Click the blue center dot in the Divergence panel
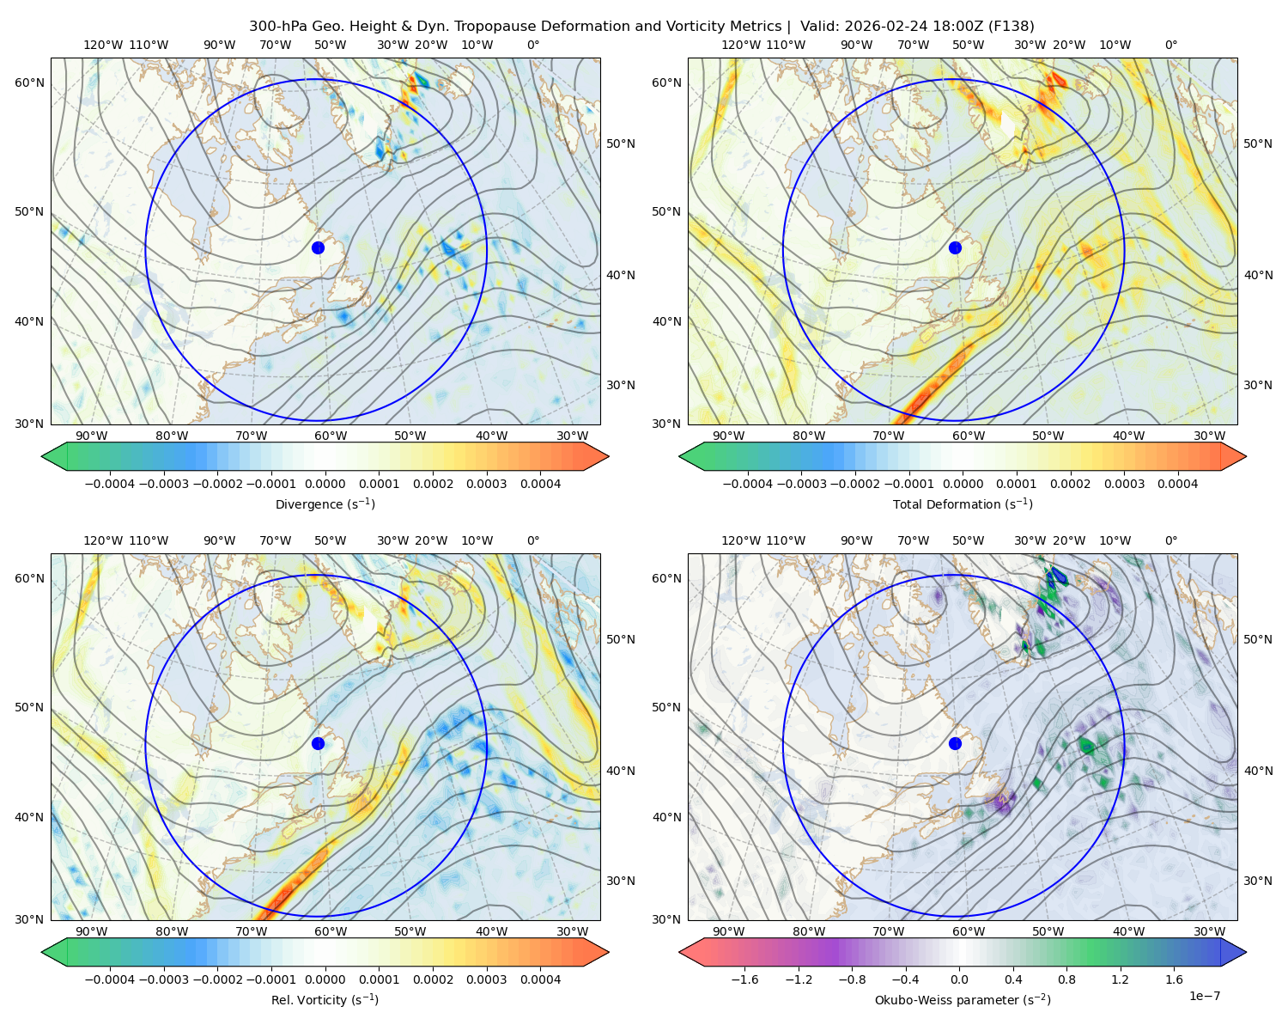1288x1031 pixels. pyautogui.click(x=318, y=247)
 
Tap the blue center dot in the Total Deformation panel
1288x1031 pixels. pyautogui.click(x=955, y=247)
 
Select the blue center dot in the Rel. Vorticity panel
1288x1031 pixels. pyautogui.click(x=318, y=743)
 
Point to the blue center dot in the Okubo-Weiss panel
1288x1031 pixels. pyautogui.click(x=955, y=743)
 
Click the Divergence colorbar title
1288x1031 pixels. pyautogui.click(x=325, y=503)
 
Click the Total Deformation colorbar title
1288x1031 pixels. pyautogui.click(x=963, y=503)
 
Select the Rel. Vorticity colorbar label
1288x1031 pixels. pyautogui.click(x=325, y=999)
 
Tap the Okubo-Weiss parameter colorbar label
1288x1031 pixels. pyautogui.click(x=963, y=999)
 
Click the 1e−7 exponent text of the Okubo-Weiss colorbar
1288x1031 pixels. pyautogui.click(x=1204, y=996)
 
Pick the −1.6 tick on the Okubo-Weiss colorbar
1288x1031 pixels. pyautogui.click(x=744, y=979)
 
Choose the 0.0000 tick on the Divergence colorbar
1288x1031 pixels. pyautogui.click(x=325, y=484)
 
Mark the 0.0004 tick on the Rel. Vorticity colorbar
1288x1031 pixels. pyautogui.click(x=540, y=979)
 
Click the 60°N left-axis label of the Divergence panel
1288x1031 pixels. pyautogui.click(x=29, y=82)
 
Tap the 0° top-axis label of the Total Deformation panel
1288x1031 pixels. pyautogui.click(x=1170, y=45)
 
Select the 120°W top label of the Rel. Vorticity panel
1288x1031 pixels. pyautogui.click(x=103, y=540)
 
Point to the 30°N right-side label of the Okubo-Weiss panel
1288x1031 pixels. pyautogui.click(x=1258, y=881)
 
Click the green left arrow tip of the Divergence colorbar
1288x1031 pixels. pyautogui.click(x=42, y=456)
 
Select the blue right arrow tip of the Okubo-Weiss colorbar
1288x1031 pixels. pyautogui.click(x=1245, y=952)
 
